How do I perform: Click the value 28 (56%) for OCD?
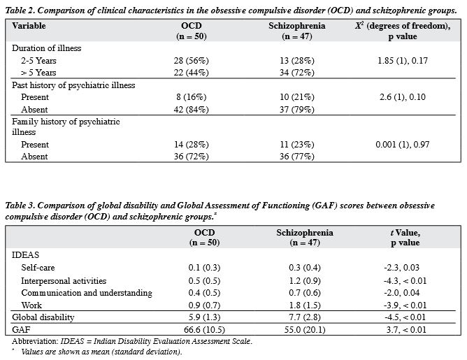tap(192, 61)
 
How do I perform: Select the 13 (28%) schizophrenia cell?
tap(297, 61)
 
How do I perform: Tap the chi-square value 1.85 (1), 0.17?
tap(403, 61)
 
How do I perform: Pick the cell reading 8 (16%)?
tap(192, 97)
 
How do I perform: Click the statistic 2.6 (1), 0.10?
tap(403, 97)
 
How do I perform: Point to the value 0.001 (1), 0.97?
tap(403, 145)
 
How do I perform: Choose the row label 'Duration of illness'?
tap(46, 48)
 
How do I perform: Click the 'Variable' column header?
tap(29, 26)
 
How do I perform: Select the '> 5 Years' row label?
tap(38, 73)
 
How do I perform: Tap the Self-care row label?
tap(38, 268)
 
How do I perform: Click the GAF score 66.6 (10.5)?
tap(204, 330)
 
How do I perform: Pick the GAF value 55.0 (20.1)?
tap(305, 330)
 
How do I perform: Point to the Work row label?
tap(31, 305)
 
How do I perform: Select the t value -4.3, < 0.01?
tap(405, 281)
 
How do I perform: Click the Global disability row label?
tap(43, 317)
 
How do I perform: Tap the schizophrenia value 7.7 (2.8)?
tap(305, 317)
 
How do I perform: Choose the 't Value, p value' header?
tap(405, 238)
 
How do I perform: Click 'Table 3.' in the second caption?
tap(20, 206)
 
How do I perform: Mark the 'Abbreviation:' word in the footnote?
tap(35, 341)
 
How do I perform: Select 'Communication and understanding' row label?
tap(87, 293)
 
